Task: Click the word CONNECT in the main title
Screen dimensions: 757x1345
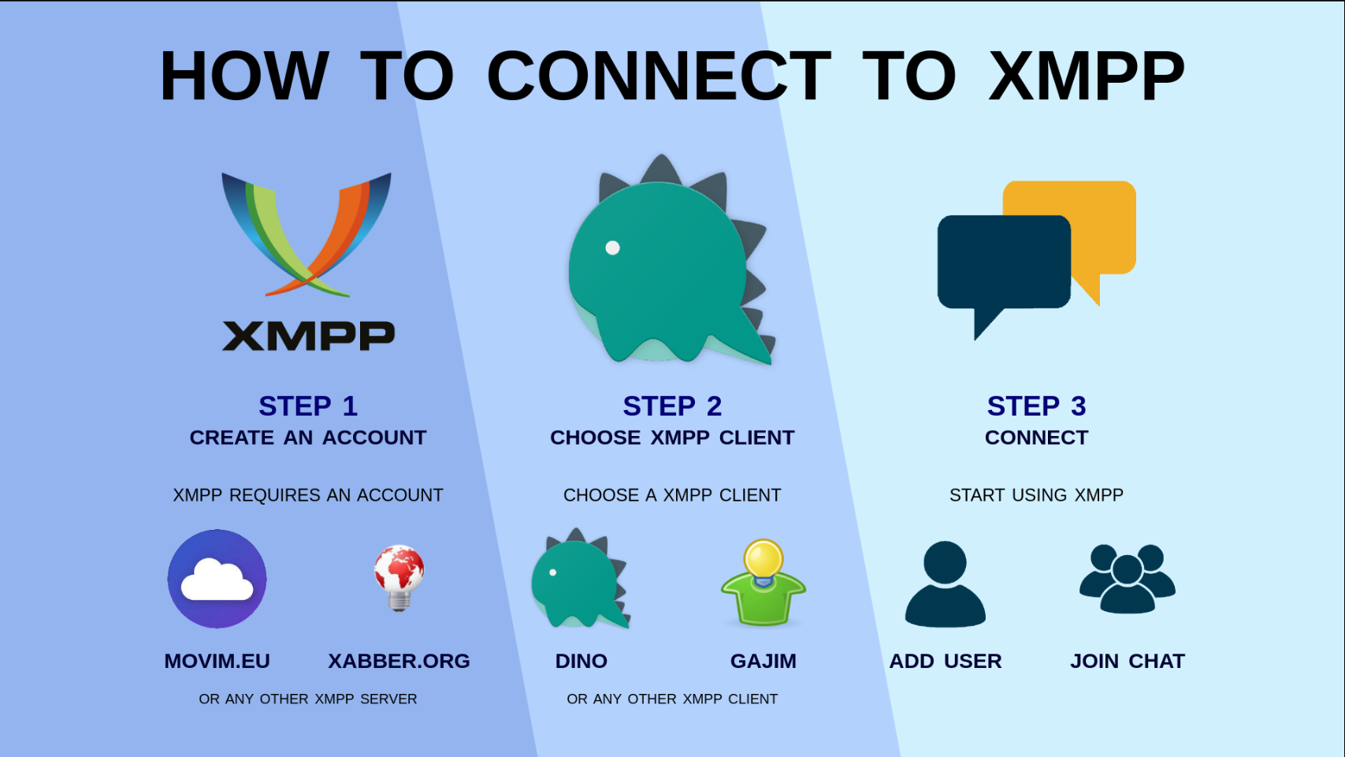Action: (x=659, y=76)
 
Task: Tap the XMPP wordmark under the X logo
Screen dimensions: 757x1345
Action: (x=308, y=337)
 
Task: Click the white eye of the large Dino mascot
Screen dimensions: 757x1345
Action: (x=612, y=248)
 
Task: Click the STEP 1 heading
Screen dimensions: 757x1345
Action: (x=308, y=406)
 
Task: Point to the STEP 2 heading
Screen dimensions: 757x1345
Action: (x=672, y=406)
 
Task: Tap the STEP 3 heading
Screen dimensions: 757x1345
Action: (x=1036, y=406)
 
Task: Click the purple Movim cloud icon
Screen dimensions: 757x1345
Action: (x=217, y=579)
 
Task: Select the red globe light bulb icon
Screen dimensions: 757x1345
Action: (x=399, y=577)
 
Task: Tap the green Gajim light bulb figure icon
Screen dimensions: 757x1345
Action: (x=763, y=584)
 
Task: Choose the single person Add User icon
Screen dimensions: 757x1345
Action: (x=945, y=584)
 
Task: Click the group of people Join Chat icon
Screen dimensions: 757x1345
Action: (x=1127, y=579)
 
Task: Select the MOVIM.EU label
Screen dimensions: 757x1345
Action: (x=217, y=661)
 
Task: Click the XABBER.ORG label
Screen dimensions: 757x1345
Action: (x=399, y=661)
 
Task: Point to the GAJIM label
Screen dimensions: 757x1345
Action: (x=763, y=661)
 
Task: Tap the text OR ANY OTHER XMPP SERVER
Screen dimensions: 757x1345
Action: (x=308, y=699)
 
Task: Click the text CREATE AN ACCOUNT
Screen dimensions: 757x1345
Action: (x=308, y=438)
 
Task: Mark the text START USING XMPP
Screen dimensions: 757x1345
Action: (x=1036, y=495)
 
